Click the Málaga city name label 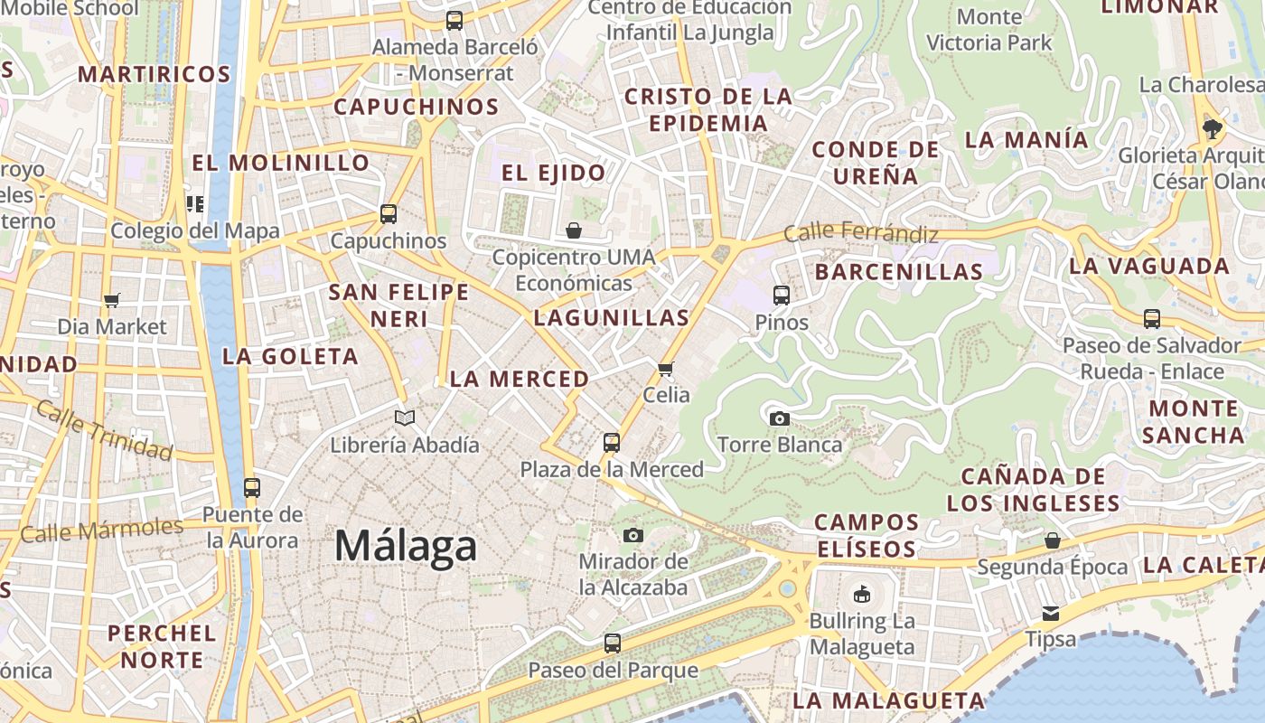(406, 546)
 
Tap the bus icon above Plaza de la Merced (612, 442)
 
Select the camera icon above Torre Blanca (779, 418)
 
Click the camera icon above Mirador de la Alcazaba (633, 535)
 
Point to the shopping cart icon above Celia (666, 368)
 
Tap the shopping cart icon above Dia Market (112, 300)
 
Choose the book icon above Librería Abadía (405, 418)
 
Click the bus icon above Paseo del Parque (613, 643)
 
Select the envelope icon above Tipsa (1051, 613)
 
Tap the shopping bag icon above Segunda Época (1052, 540)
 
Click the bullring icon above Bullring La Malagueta (861, 594)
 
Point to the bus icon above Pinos (782, 295)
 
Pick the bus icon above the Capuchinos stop (389, 214)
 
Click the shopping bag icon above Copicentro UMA (573, 230)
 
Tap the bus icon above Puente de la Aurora (252, 488)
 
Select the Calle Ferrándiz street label (860, 233)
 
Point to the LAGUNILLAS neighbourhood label (612, 317)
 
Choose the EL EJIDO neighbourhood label (553, 173)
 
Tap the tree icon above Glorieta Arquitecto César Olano (1213, 128)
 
